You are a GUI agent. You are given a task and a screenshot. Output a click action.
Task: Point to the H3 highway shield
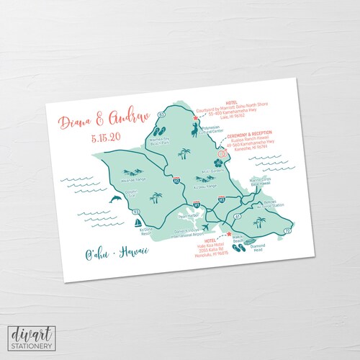point(222,197)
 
